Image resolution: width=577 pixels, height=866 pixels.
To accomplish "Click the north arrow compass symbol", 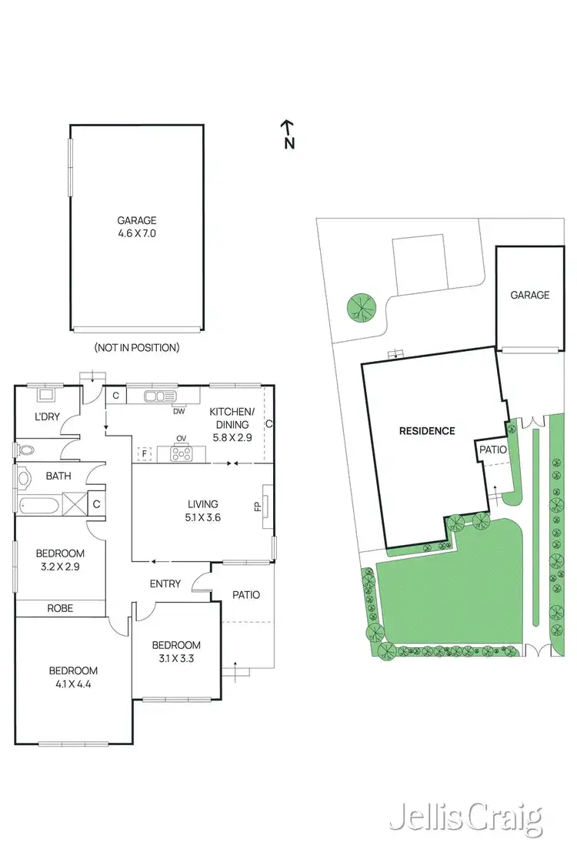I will point(288,133).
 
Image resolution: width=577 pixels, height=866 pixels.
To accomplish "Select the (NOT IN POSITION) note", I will point(137,347).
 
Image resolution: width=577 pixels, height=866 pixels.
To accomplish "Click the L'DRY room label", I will point(47,416).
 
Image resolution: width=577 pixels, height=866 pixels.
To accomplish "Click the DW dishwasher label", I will point(179,411).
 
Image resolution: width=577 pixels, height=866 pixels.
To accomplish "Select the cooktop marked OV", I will point(182,454).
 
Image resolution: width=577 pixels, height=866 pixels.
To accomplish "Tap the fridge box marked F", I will point(143,453).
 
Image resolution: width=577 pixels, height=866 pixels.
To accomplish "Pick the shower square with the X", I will point(75,505).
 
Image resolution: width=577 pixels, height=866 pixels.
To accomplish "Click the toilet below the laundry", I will point(26,450).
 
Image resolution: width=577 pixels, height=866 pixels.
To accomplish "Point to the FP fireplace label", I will point(258,507).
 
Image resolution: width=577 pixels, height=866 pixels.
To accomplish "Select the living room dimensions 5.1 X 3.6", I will point(204,517).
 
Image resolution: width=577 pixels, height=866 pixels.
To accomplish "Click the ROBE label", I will point(60,608).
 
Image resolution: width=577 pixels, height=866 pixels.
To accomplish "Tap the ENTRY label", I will point(165,583).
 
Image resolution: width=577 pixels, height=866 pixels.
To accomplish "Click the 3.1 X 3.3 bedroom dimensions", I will point(176,657).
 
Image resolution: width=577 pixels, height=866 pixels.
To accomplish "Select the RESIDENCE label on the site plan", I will point(427,431).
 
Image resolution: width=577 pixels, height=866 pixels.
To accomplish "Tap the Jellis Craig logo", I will point(465,819).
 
